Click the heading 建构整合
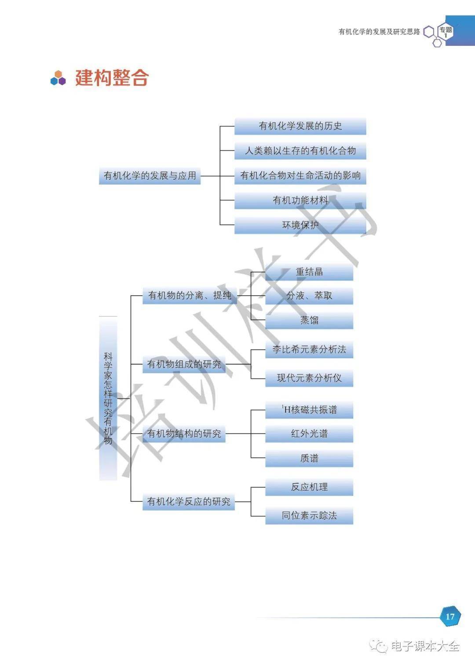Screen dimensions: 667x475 (x=112, y=78)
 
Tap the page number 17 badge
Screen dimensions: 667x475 (x=450, y=616)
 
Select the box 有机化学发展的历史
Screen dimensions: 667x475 (x=300, y=126)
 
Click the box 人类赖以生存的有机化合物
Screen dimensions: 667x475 (x=300, y=151)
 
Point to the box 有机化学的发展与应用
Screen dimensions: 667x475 (x=150, y=176)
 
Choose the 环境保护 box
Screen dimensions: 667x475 (x=300, y=225)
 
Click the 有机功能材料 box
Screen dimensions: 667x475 (x=300, y=200)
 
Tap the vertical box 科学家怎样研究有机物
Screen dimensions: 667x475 (x=108, y=398)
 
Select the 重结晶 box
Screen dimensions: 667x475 (x=309, y=272)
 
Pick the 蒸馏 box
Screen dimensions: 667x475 (x=309, y=320)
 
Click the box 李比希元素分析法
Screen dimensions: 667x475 (x=309, y=349)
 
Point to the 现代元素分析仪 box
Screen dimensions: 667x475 (x=309, y=378)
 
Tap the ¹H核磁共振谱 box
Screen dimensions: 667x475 (x=309, y=410)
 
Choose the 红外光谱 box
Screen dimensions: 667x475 (x=309, y=434)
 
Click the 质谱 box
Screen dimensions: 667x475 (x=309, y=458)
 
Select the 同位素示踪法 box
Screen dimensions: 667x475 (x=309, y=515)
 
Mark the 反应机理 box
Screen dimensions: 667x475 (x=309, y=487)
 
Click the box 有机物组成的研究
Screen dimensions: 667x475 (x=184, y=364)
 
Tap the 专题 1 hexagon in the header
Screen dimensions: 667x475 (x=446, y=31)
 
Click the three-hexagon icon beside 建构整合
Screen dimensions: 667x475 (x=58, y=78)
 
